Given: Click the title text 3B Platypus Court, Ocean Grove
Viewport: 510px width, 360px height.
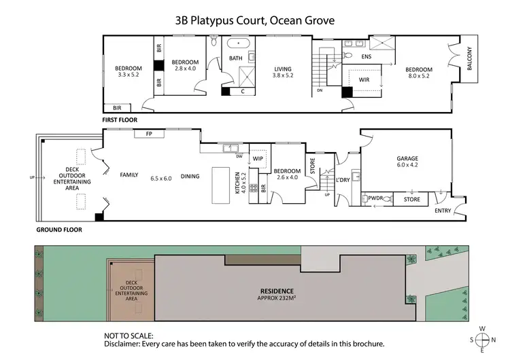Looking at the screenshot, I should pos(254,20).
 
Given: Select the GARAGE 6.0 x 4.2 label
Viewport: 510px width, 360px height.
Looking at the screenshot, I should pos(407,162).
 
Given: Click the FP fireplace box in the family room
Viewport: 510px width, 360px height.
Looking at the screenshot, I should pos(149,134).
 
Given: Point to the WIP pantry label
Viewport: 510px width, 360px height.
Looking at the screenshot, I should pos(258,159).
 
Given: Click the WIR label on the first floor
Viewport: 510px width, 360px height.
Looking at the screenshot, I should pos(364,79).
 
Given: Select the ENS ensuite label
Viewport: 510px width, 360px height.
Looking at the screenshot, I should pos(366,56).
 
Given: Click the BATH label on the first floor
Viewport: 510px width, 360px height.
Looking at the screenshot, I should pos(235,58).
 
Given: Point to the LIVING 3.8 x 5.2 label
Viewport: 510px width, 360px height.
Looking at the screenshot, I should pos(283,72).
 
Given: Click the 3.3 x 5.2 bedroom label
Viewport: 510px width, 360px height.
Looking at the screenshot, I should pos(128,71).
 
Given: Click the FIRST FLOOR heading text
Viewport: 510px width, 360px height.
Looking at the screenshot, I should pos(120,120).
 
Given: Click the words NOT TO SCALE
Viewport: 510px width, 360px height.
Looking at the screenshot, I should pos(129,336).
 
